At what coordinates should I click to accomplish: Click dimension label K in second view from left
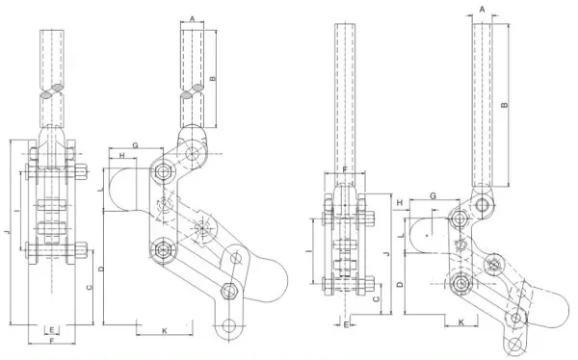point(165,331)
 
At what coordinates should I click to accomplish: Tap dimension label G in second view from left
point(135,145)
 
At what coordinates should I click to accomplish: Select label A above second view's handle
point(192,18)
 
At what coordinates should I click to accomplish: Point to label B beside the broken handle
point(212,79)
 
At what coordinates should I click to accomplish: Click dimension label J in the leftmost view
point(7,232)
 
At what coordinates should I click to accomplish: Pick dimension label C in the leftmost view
point(89,287)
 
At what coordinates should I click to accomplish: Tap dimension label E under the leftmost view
point(52,330)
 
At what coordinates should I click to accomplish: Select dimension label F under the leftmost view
point(52,341)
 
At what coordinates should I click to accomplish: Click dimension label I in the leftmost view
point(16,212)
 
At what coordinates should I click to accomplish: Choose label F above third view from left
point(345,169)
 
